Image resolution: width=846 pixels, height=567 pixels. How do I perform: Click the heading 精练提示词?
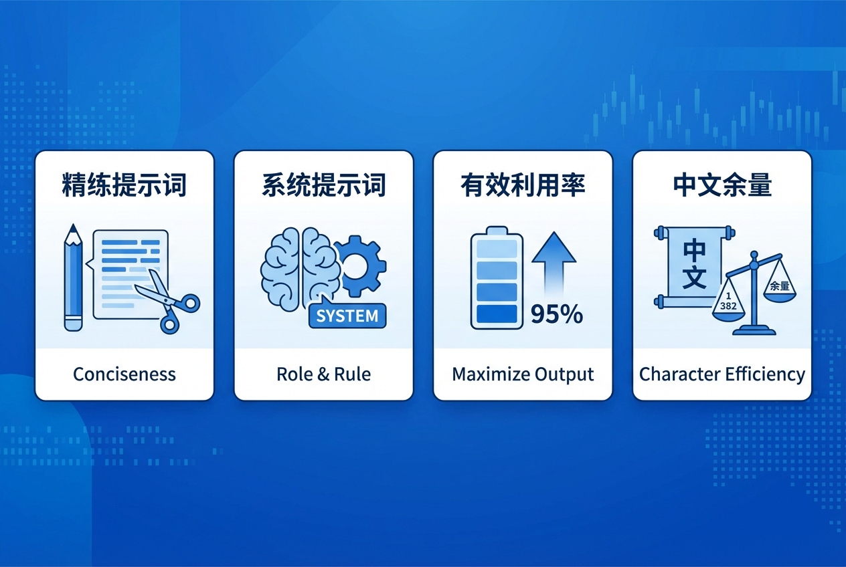click(124, 185)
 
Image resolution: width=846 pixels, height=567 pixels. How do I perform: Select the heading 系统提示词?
click(323, 185)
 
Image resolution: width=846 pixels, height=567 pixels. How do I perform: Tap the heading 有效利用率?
click(523, 185)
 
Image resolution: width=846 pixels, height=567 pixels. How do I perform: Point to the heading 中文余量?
click(722, 185)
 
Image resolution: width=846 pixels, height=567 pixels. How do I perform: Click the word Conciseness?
click(124, 374)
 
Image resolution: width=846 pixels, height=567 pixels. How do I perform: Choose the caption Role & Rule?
click(323, 374)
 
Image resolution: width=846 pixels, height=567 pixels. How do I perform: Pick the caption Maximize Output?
click(523, 374)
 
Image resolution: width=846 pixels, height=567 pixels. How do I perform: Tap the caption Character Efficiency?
click(722, 374)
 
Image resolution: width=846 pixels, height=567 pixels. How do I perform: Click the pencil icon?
click(73, 277)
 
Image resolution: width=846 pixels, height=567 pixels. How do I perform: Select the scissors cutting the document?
click(168, 301)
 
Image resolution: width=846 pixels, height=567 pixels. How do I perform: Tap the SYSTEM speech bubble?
click(347, 315)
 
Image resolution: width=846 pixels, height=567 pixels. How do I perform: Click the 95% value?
click(556, 314)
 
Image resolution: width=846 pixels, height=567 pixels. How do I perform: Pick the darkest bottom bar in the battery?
click(496, 314)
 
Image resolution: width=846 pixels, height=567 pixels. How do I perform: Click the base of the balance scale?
click(755, 329)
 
